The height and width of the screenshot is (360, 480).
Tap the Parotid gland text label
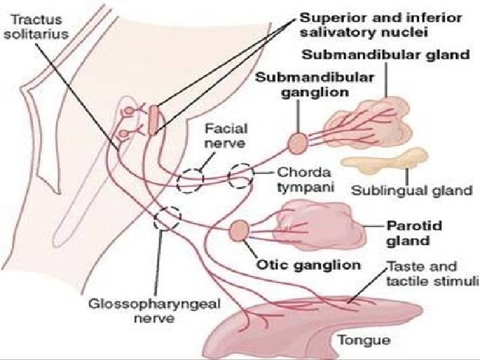(x=408, y=231)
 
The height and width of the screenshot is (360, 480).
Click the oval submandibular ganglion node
(x=297, y=143)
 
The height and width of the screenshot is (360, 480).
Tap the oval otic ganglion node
(x=238, y=231)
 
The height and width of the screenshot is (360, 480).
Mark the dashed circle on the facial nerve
(x=191, y=179)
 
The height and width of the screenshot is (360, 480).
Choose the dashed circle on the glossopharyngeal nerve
(x=167, y=218)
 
